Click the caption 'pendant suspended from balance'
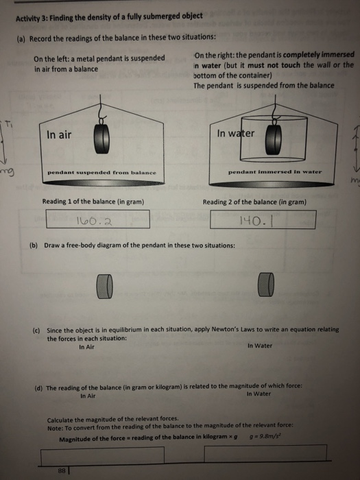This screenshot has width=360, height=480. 101,172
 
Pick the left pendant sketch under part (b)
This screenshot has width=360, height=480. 105,282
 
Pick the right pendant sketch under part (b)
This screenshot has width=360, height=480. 267,281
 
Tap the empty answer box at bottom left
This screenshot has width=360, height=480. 103,454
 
